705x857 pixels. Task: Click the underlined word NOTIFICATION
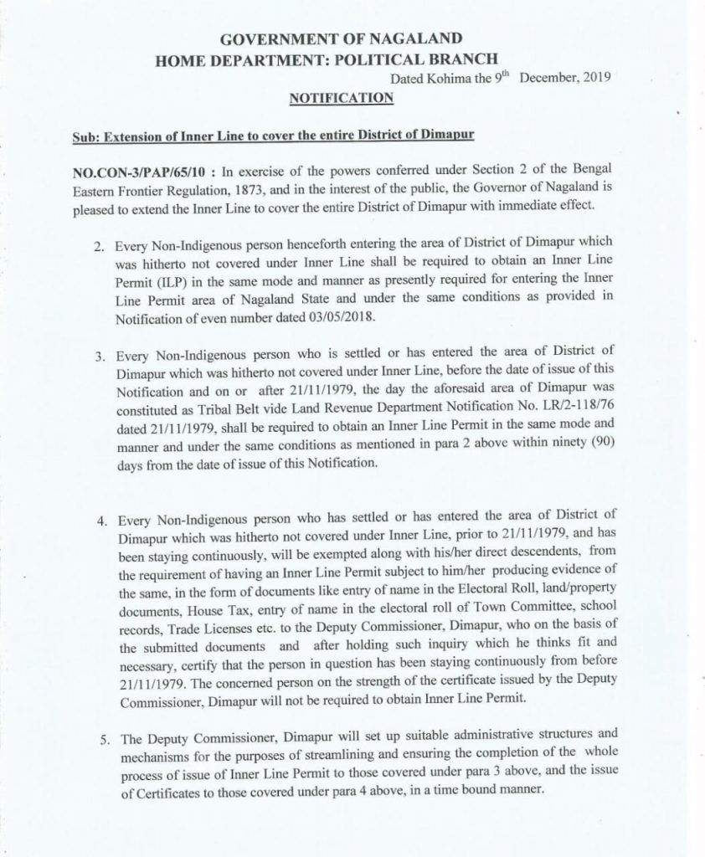tap(340, 99)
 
